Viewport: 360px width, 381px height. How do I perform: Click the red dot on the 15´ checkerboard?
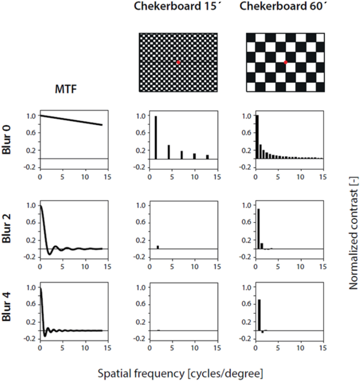tap(179, 63)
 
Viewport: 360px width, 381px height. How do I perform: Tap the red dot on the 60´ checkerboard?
tap(286, 63)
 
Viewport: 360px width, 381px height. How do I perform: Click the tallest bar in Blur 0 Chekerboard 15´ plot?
tap(156, 137)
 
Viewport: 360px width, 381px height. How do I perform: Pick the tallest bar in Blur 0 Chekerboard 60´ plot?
tap(257, 137)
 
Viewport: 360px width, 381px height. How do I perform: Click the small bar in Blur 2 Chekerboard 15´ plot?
tap(158, 246)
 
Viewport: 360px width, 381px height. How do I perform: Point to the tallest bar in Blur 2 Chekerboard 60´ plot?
tap(258, 229)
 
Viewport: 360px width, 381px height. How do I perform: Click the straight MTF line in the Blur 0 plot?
tap(71, 120)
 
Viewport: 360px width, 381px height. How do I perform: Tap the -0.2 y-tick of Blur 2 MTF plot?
tap(29, 257)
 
